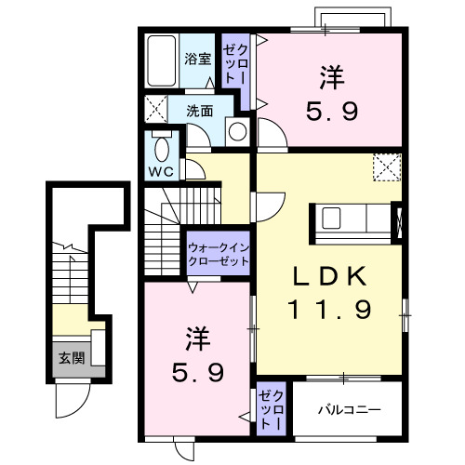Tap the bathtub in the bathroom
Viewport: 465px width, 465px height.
[x=162, y=62]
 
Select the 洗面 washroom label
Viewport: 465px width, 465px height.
[x=200, y=110]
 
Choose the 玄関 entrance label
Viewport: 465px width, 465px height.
[x=71, y=358]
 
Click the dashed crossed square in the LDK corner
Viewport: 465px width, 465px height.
[x=385, y=166]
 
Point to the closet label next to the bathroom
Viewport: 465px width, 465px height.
[x=235, y=62]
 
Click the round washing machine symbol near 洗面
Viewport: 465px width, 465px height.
[x=238, y=131]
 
